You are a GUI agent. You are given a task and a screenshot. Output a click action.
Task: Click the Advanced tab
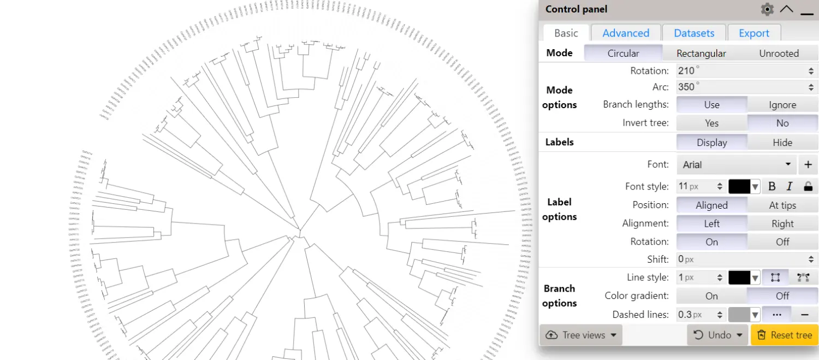(626, 33)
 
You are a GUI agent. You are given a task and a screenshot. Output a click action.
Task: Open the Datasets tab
(694, 33)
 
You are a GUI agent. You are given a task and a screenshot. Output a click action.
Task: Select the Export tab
(754, 33)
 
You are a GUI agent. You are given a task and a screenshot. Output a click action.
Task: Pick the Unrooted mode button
(779, 54)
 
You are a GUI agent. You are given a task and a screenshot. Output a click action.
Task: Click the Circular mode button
(623, 54)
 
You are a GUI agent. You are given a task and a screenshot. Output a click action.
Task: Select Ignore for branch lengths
(782, 105)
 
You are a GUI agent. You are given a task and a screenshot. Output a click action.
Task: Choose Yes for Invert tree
(711, 123)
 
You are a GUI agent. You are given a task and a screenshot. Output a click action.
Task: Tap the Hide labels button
(782, 143)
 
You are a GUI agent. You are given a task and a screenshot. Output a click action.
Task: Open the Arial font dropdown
(737, 164)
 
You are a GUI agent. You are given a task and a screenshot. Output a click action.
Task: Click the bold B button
(772, 187)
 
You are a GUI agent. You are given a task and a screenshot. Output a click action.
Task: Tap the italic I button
(789, 187)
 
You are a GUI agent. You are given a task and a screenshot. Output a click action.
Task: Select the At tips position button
(782, 205)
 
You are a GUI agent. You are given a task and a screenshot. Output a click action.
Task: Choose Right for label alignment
(782, 223)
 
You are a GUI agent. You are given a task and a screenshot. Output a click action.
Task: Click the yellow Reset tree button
(784, 335)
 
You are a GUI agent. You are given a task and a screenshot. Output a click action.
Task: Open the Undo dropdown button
(719, 335)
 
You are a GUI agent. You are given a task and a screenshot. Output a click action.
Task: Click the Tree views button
(581, 335)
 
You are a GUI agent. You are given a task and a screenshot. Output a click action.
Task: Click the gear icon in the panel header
(767, 9)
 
